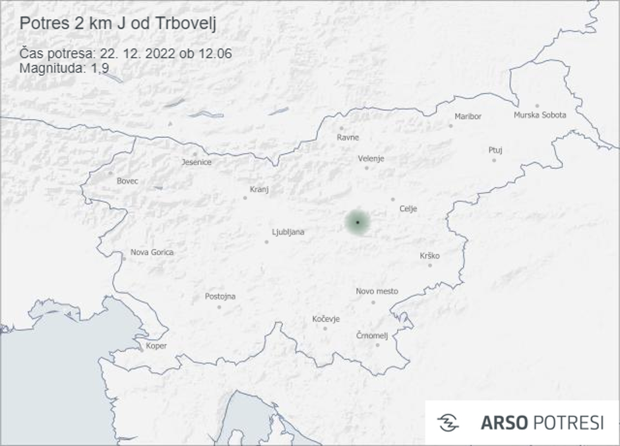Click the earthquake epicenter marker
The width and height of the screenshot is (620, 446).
coord(357,222)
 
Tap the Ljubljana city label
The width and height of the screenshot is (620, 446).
coord(288,232)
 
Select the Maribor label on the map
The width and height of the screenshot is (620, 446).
coord(468,117)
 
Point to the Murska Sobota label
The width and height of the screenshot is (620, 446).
coord(540,115)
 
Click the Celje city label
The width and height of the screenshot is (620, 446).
coord(408,209)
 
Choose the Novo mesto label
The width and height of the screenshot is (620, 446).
coord(377,291)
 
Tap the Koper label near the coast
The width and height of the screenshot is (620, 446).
coord(156,346)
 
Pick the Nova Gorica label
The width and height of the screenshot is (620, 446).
coord(152,252)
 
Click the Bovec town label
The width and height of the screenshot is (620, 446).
coord(127,181)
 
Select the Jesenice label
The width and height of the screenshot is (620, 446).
coord(197,162)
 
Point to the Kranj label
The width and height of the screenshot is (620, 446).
coord(259,189)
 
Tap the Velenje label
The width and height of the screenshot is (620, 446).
coord(371,159)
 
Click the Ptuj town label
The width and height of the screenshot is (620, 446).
coord(495,150)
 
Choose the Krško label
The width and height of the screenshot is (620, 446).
coord(429,256)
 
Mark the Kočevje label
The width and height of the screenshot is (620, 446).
coord(326,319)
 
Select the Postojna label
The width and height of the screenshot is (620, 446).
coord(220,296)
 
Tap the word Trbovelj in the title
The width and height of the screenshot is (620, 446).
coord(189,23)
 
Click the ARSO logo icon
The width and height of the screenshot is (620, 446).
coord(448,423)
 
